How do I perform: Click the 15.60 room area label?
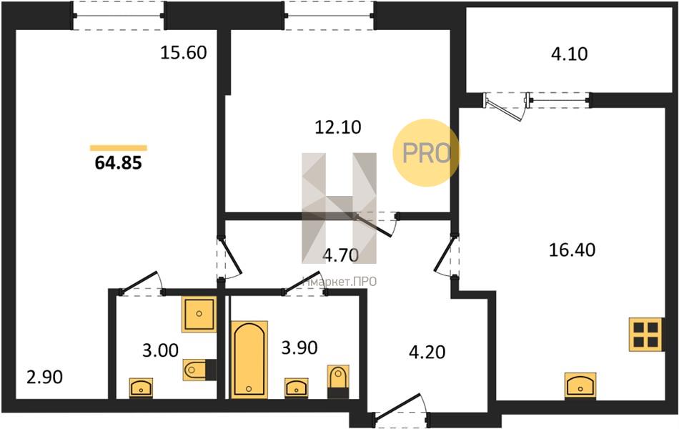(184, 52)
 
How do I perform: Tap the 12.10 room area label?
(338, 127)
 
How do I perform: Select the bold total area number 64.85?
(118, 163)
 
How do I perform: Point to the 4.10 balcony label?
(569, 54)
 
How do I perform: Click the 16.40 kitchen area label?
(572, 250)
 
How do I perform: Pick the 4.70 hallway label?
(341, 255)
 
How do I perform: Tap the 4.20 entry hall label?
(427, 352)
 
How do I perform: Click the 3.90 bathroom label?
(299, 347)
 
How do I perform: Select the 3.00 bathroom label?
(160, 350)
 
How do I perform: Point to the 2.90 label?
(44, 377)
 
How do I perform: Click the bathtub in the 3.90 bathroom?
(249, 359)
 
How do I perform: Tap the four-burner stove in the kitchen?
(645, 334)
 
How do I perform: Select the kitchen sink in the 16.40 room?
(580, 385)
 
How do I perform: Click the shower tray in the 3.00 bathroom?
(199, 314)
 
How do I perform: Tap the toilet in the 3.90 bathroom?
(338, 381)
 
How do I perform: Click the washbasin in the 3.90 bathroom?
(296, 387)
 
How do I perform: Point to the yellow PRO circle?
(426, 152)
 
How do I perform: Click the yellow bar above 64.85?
(118, 148)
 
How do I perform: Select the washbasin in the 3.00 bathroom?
(141, 387)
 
